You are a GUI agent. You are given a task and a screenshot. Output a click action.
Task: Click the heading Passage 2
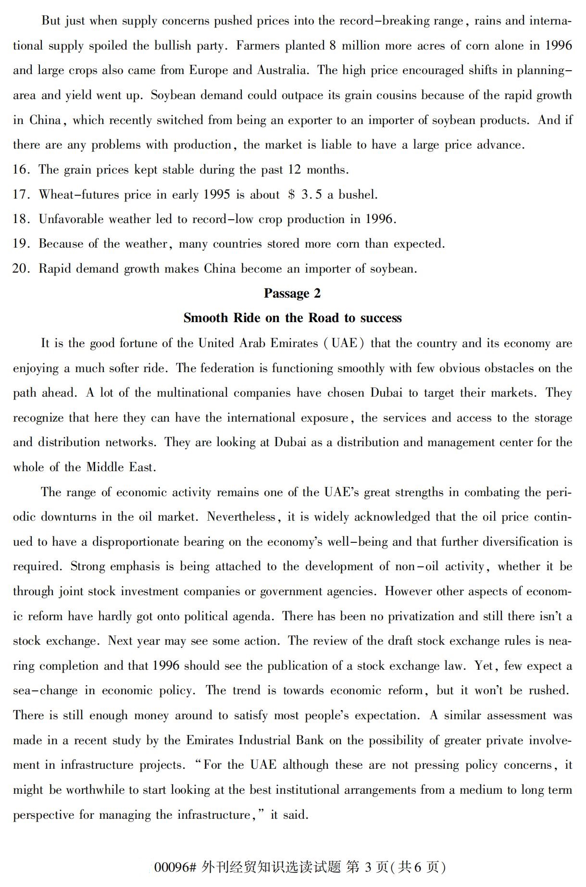pyautogui.click(x=292, y=293)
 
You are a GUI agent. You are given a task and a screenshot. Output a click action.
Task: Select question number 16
pyautogui.click(x=21, y=170)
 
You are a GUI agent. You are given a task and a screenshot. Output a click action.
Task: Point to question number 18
pyautogui.click(x=21, y=219)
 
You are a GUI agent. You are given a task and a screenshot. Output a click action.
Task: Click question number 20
pyautogui.click(x=21, y=269)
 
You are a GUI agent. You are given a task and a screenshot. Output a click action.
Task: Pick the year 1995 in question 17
pyautogui.click(x=216, y=195)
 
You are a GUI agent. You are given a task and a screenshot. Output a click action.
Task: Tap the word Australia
pyautogui.click(x=282, y=70)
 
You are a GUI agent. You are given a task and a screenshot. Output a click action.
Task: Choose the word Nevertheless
pyautogui.click(x=242, y=517)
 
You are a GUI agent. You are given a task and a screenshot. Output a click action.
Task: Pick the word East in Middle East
pyautogui.click(x=141, y=467)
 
